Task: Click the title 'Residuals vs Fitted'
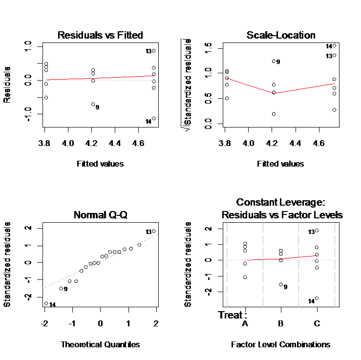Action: click(100, 35)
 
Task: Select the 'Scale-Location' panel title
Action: click(280, 35)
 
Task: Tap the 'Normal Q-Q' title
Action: click(100, 215)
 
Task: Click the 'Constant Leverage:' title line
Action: click(280, 202)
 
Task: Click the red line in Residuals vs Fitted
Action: click(98, 78)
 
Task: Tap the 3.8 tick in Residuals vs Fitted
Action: click(44, 144)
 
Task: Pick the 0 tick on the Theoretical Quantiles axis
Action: click(100, 324)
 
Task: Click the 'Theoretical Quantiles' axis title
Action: click(100, 344)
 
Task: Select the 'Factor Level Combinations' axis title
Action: click(280, 344)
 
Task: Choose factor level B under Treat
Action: click(280, 324)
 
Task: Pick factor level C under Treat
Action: click(316, 324)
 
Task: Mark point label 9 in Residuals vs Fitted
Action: click(98, 107)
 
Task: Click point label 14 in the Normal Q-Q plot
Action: click(53, 305)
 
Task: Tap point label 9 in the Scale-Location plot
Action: click(278, 62)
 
